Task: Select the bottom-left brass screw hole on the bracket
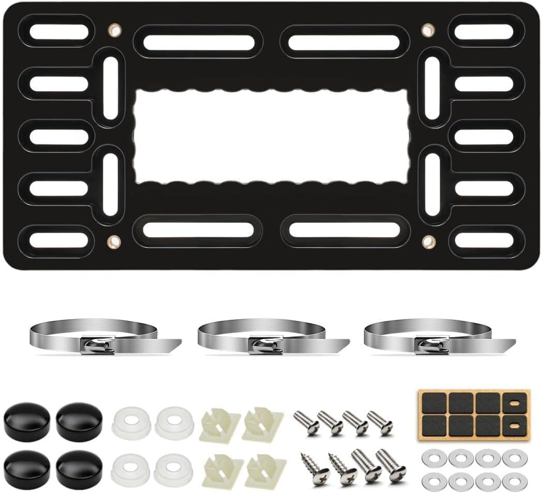click(112, 241)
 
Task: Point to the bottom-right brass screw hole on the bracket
click(428, 241)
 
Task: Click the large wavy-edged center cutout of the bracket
click(272, 136)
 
